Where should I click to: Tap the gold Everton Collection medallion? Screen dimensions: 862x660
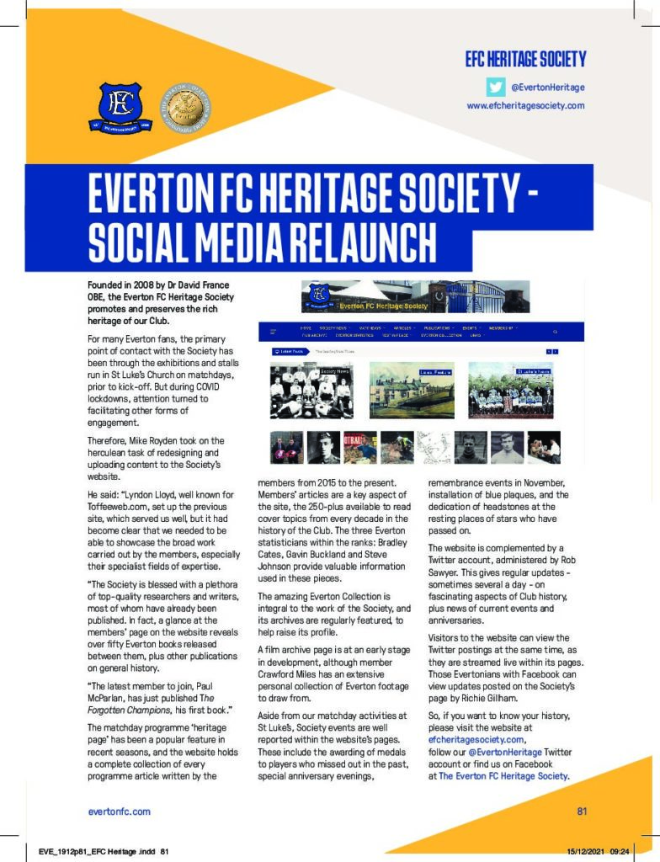pyautogui.click(x=184, y=105)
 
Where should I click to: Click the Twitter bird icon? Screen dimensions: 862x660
pyautogui.click(x=497, y=87)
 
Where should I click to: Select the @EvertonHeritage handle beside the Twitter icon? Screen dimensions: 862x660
pyautogui.click(x=547, y=88)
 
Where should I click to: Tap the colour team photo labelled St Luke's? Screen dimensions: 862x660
pyautogui.click(x=510, y=390)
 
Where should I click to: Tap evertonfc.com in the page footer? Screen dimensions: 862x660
pyautogui.click(x=119, y=811)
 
